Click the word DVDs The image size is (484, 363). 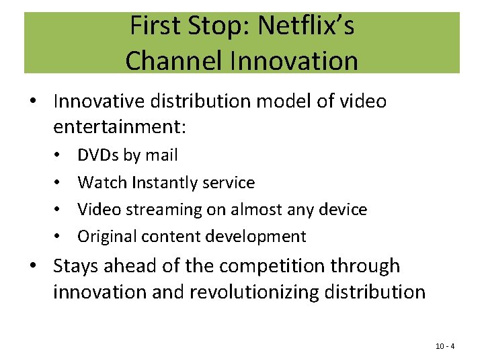point(98,155)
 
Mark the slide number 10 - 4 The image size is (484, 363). point(445,346)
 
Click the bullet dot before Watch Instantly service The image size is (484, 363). point(61,183)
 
